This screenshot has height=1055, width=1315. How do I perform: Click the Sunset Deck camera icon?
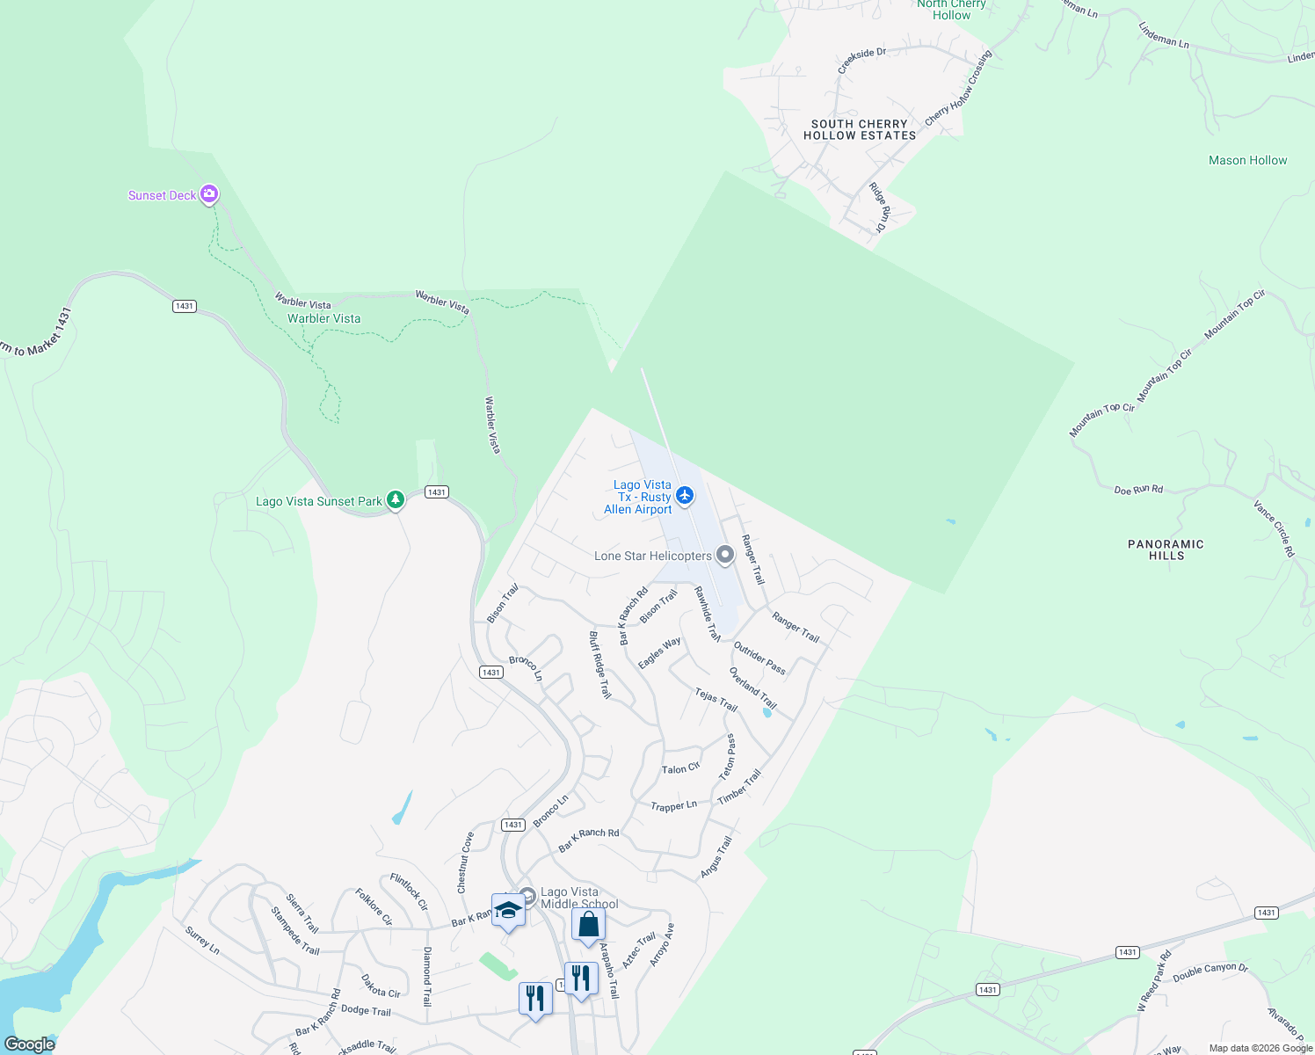pos(209,194)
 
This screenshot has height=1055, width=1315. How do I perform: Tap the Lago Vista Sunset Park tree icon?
pos(396,500)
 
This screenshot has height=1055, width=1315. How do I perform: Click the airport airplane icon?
pos(685,497)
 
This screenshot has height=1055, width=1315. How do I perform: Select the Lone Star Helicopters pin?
pos(725,555)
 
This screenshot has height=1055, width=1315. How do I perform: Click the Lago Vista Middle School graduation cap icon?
pos(508,911)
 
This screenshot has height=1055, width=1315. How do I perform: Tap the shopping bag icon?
pos(588,924)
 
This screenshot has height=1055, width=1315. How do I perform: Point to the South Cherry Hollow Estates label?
pos(859,130)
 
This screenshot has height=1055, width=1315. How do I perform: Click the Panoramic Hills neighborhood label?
pos(1166,549)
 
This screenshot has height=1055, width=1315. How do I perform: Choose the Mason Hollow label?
pos(1247,160)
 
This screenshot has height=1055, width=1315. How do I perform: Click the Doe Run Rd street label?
pos(1138,490)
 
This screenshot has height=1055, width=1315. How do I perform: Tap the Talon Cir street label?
pos(680,768)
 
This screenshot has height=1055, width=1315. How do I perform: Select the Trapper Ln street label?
pos(673,805)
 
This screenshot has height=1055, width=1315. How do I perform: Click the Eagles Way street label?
pos(659,652)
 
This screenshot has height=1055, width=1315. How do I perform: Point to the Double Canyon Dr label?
pos(1210,971)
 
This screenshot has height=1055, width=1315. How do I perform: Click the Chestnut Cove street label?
pos(466,862)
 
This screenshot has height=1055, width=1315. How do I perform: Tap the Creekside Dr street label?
pos(861,61)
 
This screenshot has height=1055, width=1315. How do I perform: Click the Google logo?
pos(30,1044)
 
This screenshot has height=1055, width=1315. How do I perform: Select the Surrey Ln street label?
pos(202,940)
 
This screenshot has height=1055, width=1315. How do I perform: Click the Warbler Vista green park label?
pos(323,318)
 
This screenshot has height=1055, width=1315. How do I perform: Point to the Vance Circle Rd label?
pos(1274,528)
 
